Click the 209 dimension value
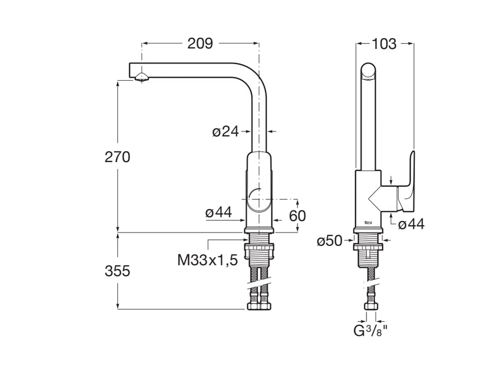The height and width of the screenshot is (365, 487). coord(200,44)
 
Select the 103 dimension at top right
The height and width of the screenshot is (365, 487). coord(384,44)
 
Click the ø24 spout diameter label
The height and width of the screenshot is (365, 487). coord(225,132)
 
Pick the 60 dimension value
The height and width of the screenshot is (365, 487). coord(298,215)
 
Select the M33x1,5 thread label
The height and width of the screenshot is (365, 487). coord(208,260)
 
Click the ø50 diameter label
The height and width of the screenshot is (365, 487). coord(330,241)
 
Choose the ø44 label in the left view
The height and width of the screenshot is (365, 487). coord(218,212)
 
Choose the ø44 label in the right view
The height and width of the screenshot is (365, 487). coord(411,225)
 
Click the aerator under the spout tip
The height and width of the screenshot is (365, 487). coord(141,78)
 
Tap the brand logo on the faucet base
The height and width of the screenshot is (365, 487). coord(369,223)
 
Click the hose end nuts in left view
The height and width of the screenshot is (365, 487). coord(259,306)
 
